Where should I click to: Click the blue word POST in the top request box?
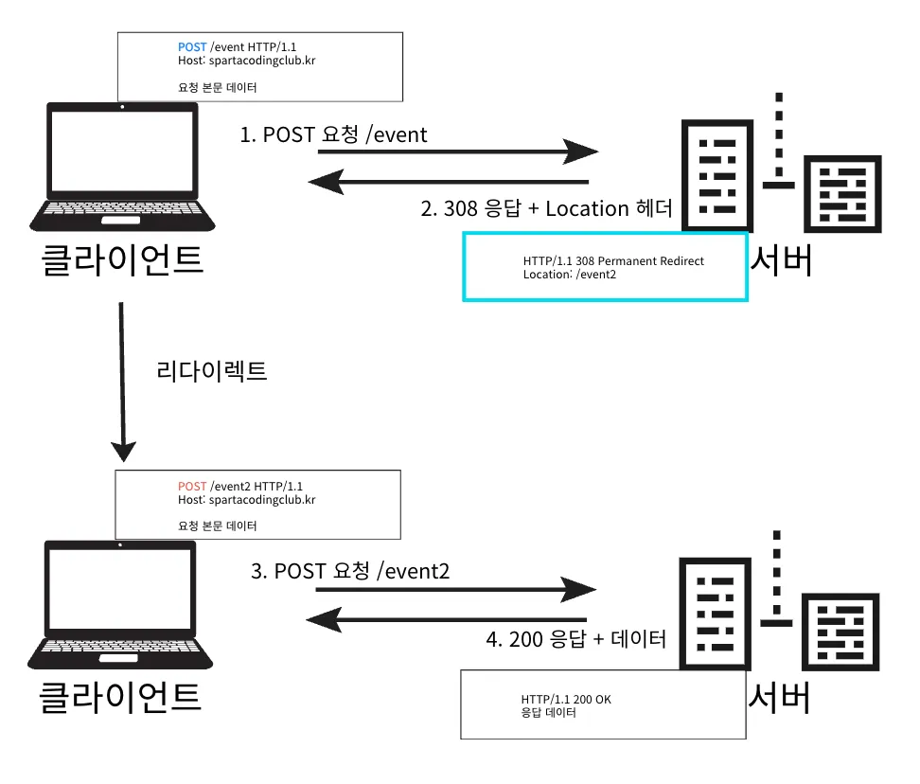pos(192,46)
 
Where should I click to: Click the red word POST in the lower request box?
pos(192,486)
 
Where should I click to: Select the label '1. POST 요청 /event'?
pos(333,134)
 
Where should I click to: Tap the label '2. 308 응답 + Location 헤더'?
pos(546,209)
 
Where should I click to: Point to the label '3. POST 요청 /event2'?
pos(349,571)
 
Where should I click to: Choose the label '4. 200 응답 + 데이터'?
pos(575,639)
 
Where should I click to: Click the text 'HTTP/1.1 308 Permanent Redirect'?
pos(613,261)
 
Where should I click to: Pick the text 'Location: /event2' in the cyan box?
pos(569,275)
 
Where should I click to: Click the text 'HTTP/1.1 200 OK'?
pos(566,700)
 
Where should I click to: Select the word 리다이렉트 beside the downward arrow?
pos(212,371)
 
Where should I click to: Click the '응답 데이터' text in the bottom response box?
pos(549,713)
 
